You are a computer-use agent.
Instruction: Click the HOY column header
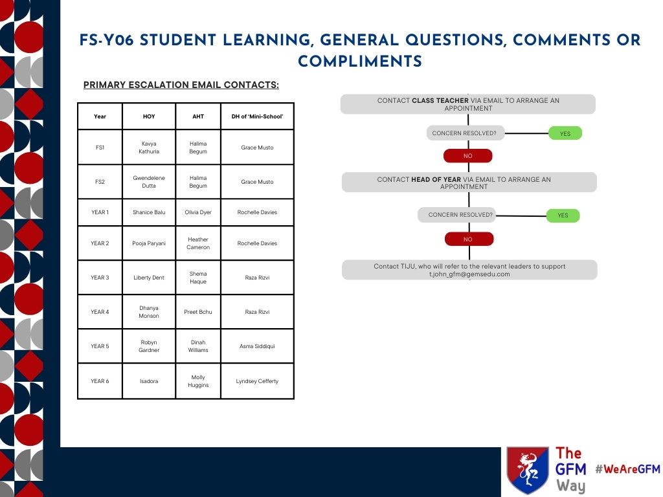click(149, 116)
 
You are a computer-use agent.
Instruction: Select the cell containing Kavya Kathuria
click(149, 148)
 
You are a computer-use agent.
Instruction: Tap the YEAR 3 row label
click(100, 278)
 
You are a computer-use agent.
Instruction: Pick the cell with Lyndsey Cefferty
click(257, 381)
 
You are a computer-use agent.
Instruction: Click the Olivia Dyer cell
click(198, 212)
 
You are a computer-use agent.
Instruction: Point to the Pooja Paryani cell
click(149, 243)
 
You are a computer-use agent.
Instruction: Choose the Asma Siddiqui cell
click(257, 346)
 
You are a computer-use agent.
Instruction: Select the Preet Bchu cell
click(198, 312)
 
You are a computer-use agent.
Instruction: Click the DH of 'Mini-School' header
click(257, 116)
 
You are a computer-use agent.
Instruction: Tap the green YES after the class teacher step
click(565, 133)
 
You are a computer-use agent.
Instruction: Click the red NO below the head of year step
click(469, 239)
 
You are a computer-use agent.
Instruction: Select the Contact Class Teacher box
click(468, 104)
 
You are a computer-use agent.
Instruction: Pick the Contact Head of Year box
click(469, 182)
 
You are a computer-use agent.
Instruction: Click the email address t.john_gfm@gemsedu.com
click(469, 274)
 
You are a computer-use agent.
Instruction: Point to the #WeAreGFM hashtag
click(628, 469)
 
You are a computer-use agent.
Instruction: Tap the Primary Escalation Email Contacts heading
click(181, 85)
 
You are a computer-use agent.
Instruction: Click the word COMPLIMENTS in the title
click(360, 61)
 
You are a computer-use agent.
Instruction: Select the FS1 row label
click(100, 148)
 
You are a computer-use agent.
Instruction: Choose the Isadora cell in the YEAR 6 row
click(149, 381)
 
